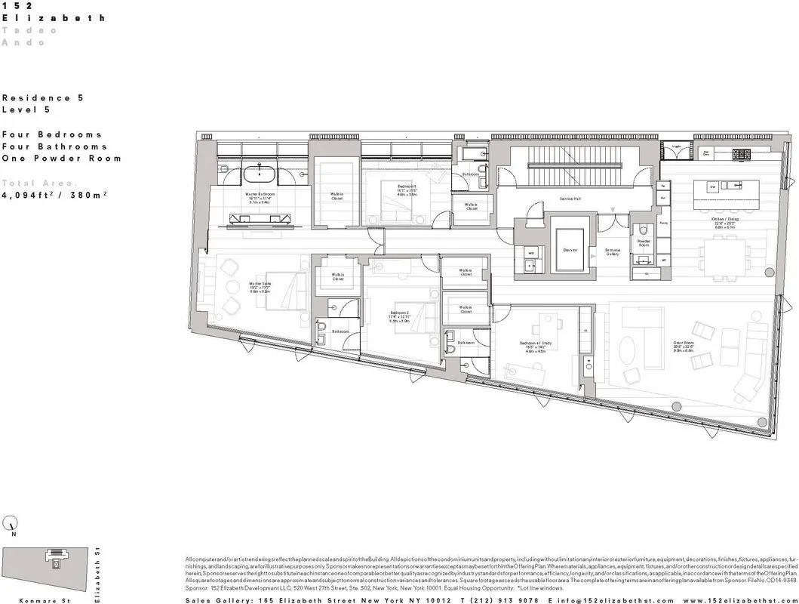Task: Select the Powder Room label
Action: pos(644,243)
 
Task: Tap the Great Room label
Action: pos(683,344)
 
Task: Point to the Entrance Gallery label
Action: pos(613,252)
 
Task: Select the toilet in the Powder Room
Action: pos(643,230)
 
